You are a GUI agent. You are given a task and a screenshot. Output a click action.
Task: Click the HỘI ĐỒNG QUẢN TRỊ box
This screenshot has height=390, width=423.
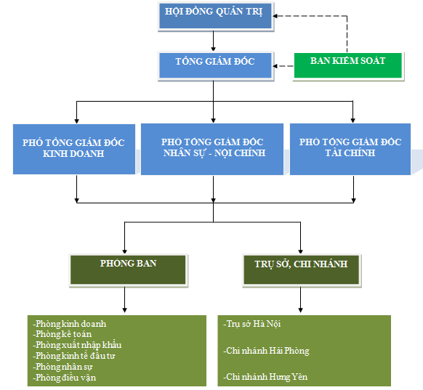click(x=216, y=16)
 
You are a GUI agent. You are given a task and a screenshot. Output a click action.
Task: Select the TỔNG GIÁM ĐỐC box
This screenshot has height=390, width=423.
click(x=216, y=66)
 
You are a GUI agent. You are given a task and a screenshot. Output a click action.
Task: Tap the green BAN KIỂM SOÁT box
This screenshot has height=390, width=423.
click(x=348, y=66)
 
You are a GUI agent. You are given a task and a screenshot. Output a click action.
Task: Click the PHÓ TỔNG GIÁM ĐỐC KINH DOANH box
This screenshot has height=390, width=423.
click(x=74, y=149)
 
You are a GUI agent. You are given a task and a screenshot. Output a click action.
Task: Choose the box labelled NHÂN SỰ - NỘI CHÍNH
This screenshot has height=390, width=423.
click(x=212, y=149)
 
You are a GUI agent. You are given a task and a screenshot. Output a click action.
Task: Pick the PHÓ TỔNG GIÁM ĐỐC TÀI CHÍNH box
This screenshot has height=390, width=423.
click(x=350, y=149)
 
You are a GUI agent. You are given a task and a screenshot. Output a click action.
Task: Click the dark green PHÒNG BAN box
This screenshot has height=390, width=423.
click(x=129, y=270)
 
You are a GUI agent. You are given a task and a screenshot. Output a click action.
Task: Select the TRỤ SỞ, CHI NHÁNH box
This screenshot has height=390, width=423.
click(x=302, y=270)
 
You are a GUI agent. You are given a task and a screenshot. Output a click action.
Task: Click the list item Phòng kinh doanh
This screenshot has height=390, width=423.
click(x=70, y=324)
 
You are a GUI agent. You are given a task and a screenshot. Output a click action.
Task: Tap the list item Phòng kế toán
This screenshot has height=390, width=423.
click(x=63, y=334)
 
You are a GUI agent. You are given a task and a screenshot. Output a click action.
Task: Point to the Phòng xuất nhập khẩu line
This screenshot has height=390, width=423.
click(x=77, y=345)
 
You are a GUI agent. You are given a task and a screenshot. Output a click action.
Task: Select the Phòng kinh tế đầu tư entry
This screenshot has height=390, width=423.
click(x=74, y=356)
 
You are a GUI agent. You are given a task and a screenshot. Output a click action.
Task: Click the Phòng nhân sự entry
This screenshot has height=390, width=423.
click(x=63, y=367)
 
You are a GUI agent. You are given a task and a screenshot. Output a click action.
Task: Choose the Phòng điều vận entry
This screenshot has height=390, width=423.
click(x=65, y=378)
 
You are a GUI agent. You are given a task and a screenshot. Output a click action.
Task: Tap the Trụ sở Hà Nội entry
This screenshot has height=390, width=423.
click(x=252, y=324)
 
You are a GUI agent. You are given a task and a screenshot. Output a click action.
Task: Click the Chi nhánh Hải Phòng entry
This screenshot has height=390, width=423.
click(x=266, y=351)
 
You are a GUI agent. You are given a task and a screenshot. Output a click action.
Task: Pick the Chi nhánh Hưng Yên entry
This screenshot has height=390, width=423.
click(x=265, y=376)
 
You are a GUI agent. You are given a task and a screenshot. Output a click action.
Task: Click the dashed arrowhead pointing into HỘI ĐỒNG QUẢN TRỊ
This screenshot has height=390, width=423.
click(x=275, y=16)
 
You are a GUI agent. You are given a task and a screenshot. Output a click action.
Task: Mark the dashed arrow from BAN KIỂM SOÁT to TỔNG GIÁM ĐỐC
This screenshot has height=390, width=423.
click(x=283, y=66)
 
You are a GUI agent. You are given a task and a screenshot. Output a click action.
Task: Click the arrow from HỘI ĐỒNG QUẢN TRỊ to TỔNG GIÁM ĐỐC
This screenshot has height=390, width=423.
click(x=214, y=41)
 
